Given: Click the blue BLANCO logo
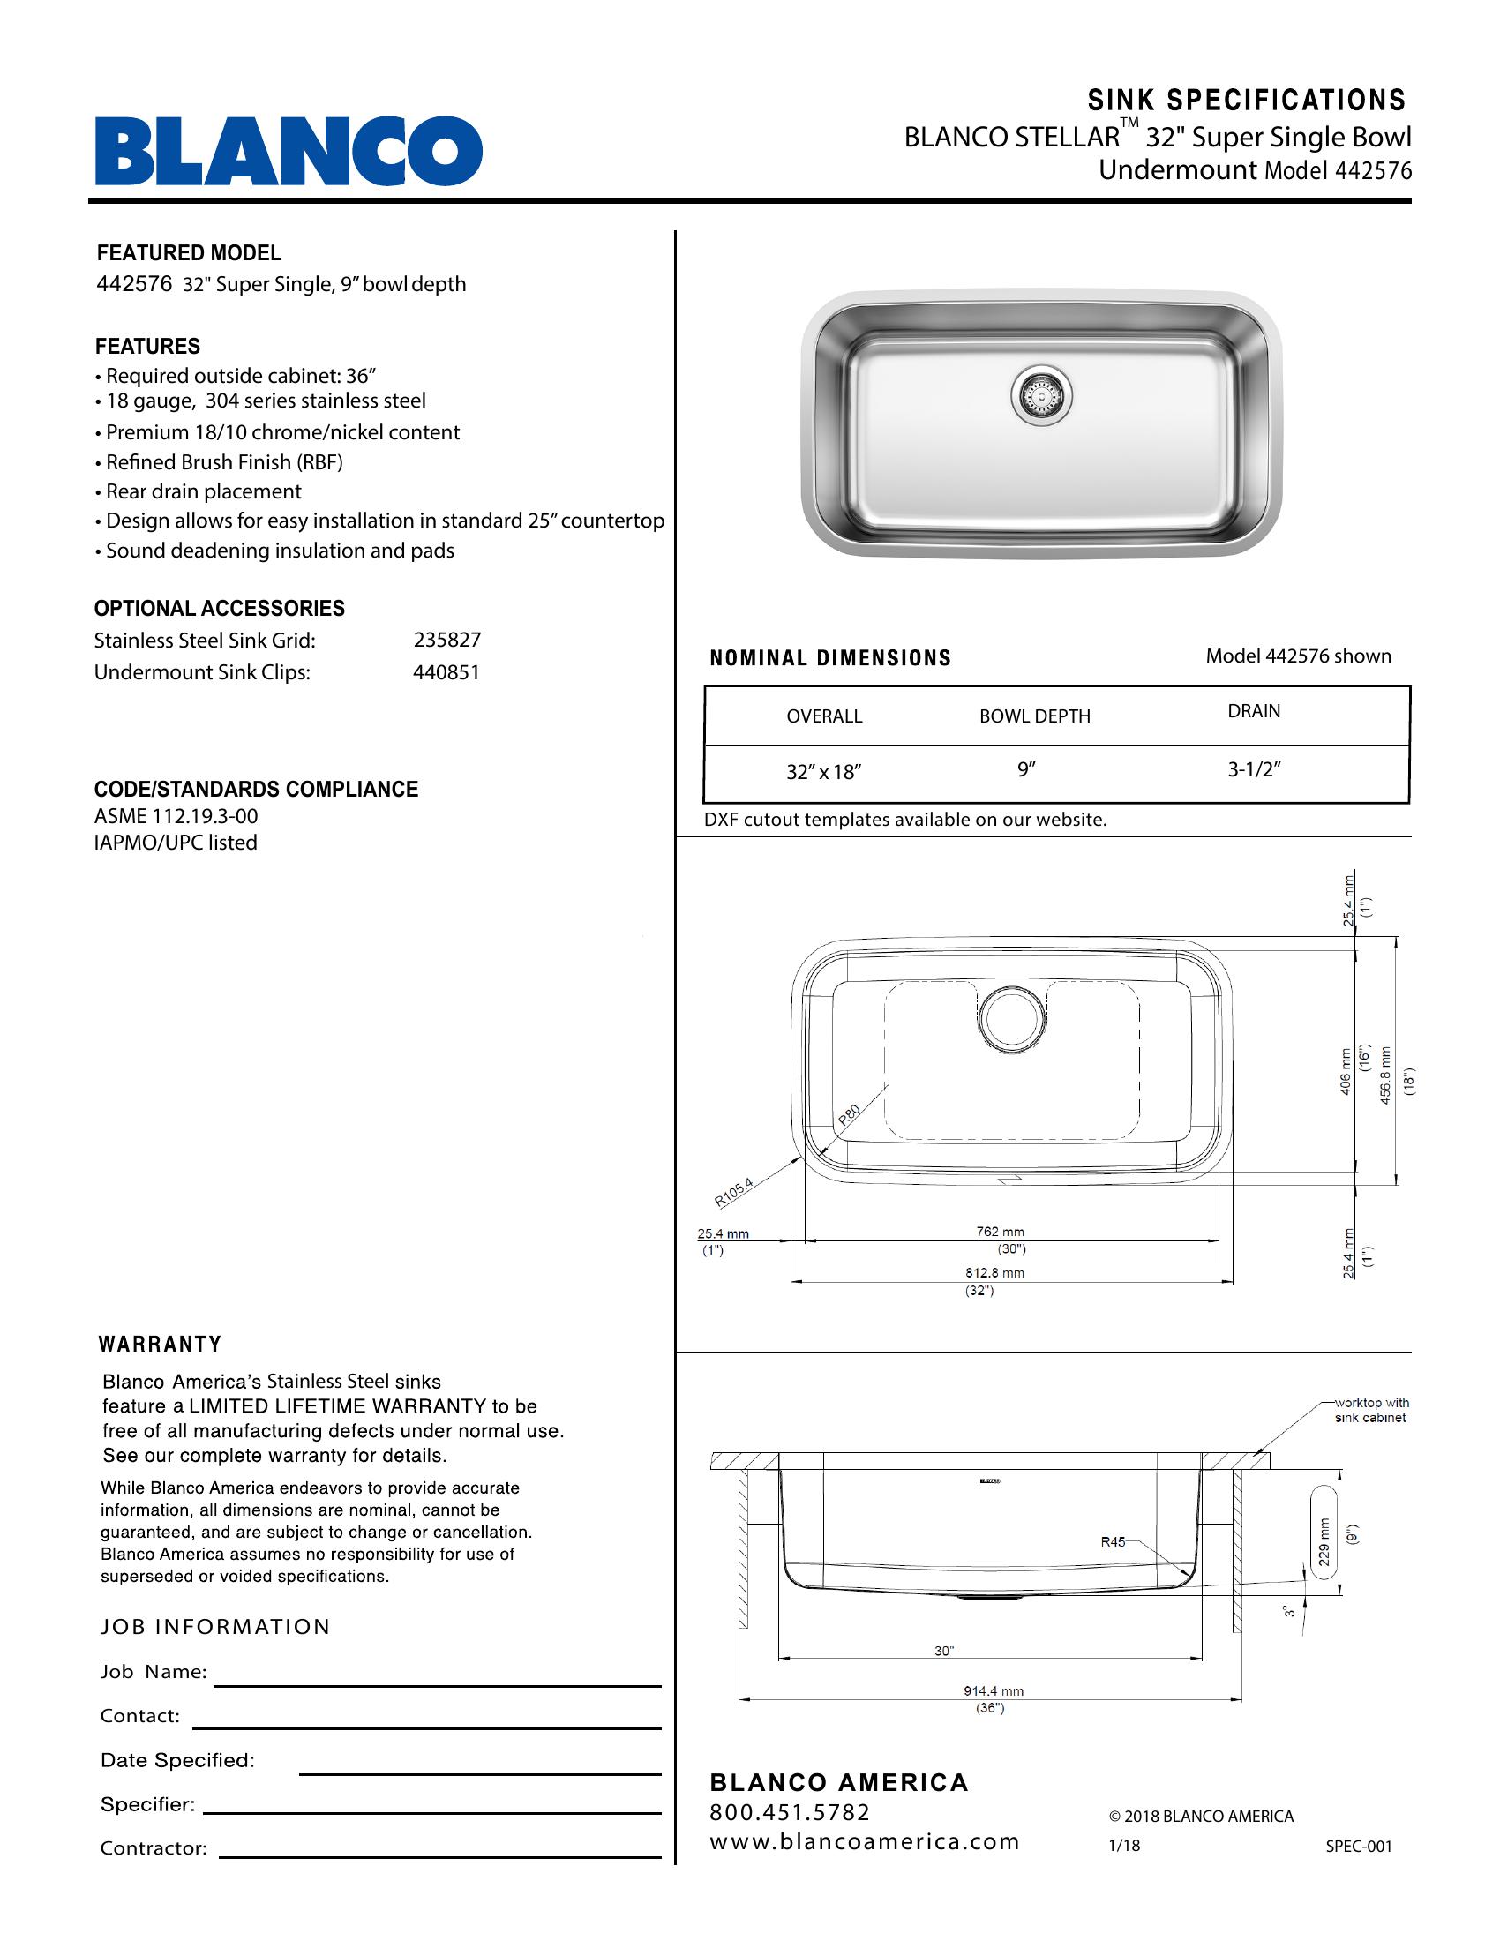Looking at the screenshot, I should click(x=289, y=151).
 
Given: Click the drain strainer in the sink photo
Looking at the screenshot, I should click(x=1041, y=394).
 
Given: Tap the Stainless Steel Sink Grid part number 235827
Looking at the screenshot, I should click(x=447, y=640).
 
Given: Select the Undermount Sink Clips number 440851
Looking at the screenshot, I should click(x=446, y=672).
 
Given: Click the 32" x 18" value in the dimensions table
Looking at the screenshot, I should click(x=824, y=771).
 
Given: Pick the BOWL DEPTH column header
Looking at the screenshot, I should click(x=1034, y=716).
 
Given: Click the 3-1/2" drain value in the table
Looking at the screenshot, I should click(x=1254, y=769).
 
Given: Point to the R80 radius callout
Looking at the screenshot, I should click(x=850, y=1114).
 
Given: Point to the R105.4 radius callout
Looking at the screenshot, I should click(x=734, y=1192).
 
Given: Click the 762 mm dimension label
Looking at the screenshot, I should click(x=1000, y=1232).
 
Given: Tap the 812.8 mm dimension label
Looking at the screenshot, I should click(x=995, y=1272).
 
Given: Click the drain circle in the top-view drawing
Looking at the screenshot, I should click(x=1014, y=1019).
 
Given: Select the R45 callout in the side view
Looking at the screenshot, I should click(x=1113, y=1542).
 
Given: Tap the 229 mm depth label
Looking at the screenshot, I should click(x=1324, y=1542).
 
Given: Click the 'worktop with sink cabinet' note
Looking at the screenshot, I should click(x=1370, y=1411).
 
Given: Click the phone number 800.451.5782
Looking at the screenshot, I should click(x=789, y=1812).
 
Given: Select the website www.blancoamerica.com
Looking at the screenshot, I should click(x=864, y=1841).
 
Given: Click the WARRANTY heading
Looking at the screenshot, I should click(x=160, y=1345).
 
